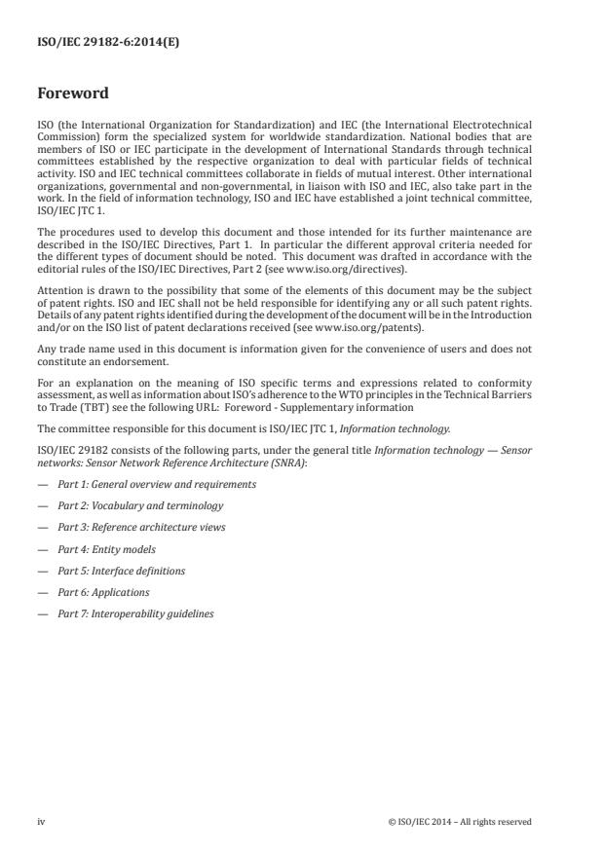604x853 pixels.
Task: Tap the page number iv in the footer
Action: tap(42, 821)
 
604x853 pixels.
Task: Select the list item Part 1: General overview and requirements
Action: tap(157, 484)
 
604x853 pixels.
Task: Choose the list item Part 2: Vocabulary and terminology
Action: tap(140, 505)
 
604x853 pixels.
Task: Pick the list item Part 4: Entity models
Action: tap(106, 549)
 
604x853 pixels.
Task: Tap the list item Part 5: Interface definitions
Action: tap(121, 571)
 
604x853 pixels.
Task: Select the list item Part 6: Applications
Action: tap(103, 592)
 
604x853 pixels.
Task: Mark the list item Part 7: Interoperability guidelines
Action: tap(135, 613)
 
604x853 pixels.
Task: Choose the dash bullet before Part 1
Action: tap(42, 484)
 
